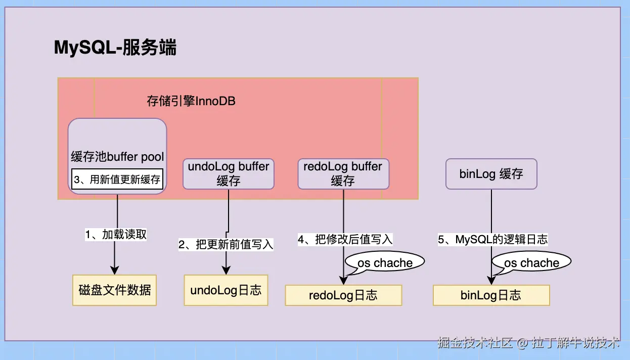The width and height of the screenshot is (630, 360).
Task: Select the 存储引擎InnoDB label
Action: [191, 101]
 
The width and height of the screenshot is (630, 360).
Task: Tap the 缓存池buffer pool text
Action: [117, 156]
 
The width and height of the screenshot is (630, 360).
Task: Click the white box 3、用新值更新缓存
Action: [117, 179]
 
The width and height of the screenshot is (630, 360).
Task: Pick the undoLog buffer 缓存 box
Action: [229, 173]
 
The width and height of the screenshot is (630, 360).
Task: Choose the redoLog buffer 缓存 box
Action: [343, 173]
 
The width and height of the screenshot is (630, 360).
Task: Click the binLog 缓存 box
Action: [491, 174]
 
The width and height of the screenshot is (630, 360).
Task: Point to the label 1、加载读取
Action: [116, 235]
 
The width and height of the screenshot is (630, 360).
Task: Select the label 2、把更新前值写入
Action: [226, 245]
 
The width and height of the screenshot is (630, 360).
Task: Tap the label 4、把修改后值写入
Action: [345, 239]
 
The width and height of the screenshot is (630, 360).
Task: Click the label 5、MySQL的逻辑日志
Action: [493, 240]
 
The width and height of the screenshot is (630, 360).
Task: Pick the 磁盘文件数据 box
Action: [115, 290]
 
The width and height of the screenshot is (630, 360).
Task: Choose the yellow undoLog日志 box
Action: [226, 290]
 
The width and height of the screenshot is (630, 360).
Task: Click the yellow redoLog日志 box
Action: [343, 295]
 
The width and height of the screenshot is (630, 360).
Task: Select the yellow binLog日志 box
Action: [491, 295]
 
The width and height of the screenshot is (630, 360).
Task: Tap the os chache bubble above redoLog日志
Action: [385, 263]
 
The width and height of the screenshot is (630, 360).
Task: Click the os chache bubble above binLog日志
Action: [531, 263]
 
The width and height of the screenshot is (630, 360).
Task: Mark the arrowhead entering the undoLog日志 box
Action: [226, 271]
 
